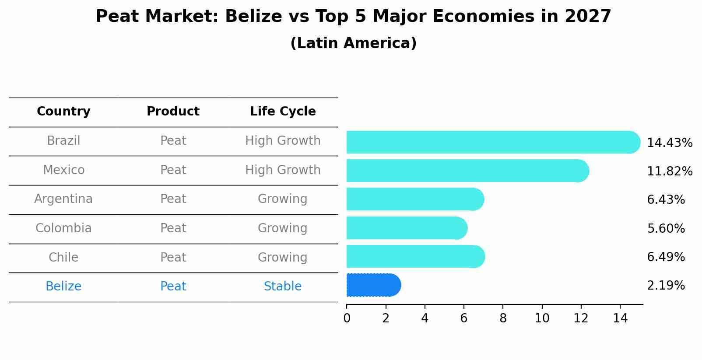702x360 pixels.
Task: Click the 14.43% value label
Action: [669, 143]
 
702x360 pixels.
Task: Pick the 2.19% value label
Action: [666, 286]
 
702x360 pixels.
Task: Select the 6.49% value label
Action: [666, 257]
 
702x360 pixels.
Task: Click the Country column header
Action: [63, 112]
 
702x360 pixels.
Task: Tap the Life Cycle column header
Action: [283, 112]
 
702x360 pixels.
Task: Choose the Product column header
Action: [173, 112]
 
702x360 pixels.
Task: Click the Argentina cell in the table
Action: [63, 199]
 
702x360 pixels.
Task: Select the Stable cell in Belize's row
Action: [283, 287]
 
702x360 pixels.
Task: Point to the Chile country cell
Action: [63, 257]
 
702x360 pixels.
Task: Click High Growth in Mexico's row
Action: [283, 170]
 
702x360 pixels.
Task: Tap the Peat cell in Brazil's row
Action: [173, 141]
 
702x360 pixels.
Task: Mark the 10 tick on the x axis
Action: [542, 318]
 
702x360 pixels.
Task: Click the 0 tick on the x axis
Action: [347, 318]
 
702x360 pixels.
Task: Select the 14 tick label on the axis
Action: [620, 318]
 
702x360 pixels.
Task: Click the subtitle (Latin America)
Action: [353, 43]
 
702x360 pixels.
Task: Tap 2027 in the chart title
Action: [587, 17]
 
